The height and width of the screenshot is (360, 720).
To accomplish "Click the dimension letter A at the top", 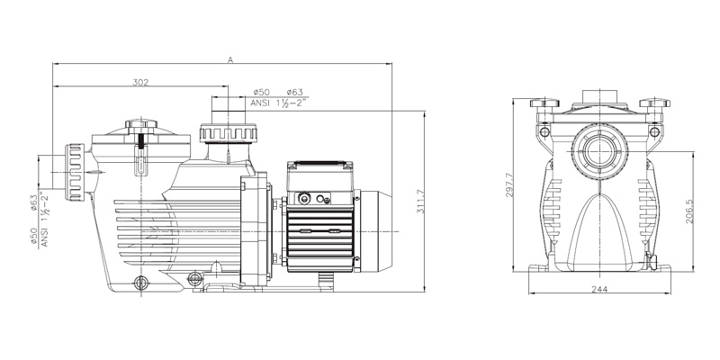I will click(x=230, y=59).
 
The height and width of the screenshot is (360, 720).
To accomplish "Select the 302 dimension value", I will click(x=140, y=82).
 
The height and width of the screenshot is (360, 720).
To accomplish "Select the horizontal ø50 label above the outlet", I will click(x=263, y=93).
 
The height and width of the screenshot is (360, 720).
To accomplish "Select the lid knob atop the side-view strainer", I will click(x=141, y=124).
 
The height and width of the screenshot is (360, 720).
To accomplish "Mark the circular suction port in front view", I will click(x=598, y=148).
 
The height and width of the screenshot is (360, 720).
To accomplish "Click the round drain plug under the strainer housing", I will click(x=140, y=283).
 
